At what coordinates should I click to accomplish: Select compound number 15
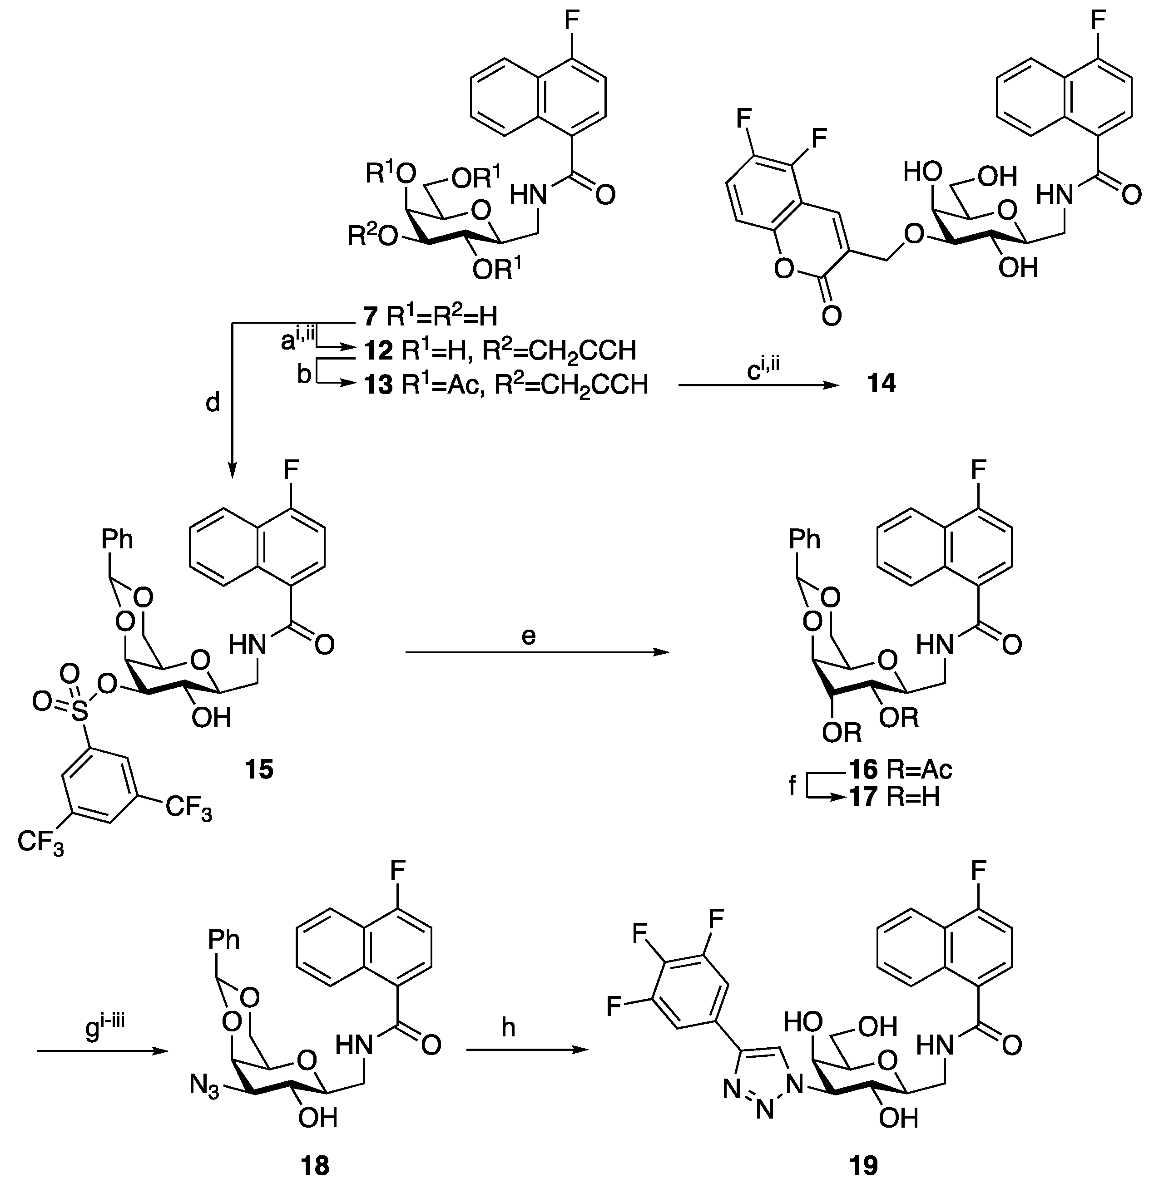(259, 770)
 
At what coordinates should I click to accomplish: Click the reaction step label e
(529, 636)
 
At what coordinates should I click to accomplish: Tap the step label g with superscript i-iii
(104, 1028)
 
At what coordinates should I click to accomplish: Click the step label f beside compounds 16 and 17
(792, 786)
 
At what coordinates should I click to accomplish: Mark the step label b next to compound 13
(303, 375)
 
